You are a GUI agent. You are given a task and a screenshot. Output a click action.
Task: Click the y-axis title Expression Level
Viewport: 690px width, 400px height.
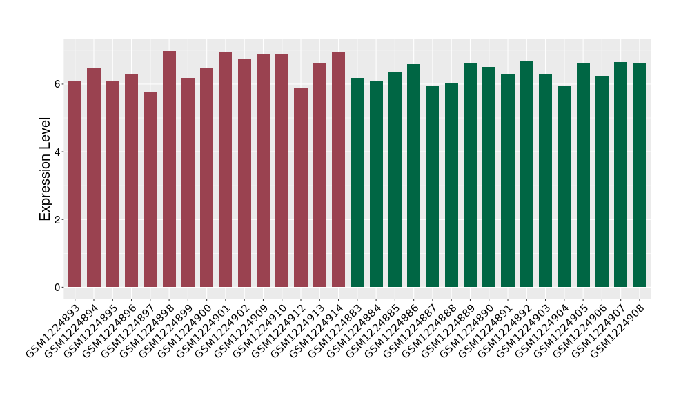(x=46, y=168)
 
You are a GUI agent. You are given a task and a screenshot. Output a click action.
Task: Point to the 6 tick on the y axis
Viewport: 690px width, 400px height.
(x=59, y=84)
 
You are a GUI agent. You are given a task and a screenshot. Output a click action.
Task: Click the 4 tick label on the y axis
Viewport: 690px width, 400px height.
(x=59, y=152)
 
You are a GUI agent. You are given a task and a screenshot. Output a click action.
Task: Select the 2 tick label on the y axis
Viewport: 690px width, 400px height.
(x=59, y=219)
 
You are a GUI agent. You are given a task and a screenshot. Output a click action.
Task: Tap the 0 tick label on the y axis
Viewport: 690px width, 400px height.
(x=59, y=287)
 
